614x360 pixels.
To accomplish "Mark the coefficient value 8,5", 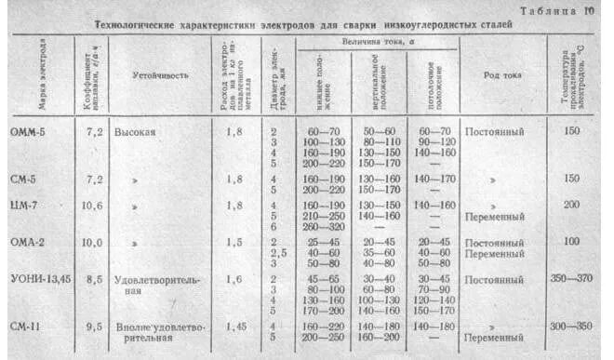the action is tap(94, 278).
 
